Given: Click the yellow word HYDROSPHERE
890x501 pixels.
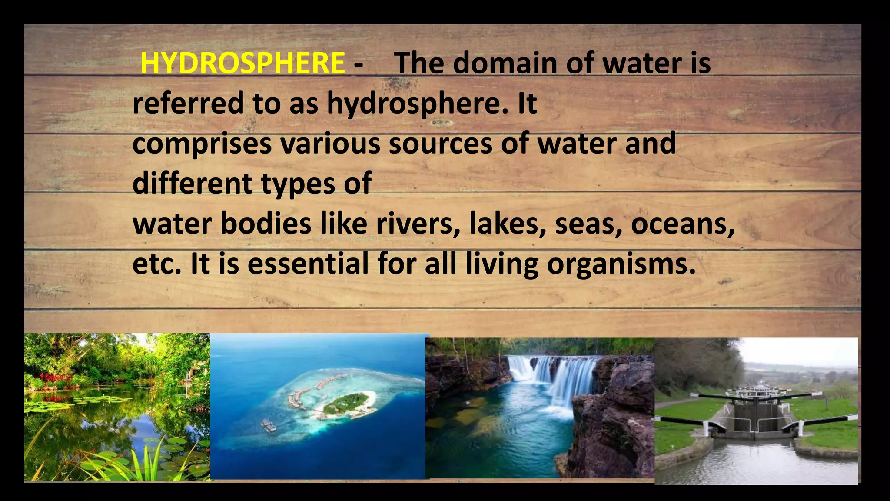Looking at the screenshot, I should (x=242, y=63).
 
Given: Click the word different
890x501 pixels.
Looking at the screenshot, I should (x=192, y=184).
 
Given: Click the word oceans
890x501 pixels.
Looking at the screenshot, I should (x=682, y=224).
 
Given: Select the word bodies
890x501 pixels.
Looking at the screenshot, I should (x=266, y=224).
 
